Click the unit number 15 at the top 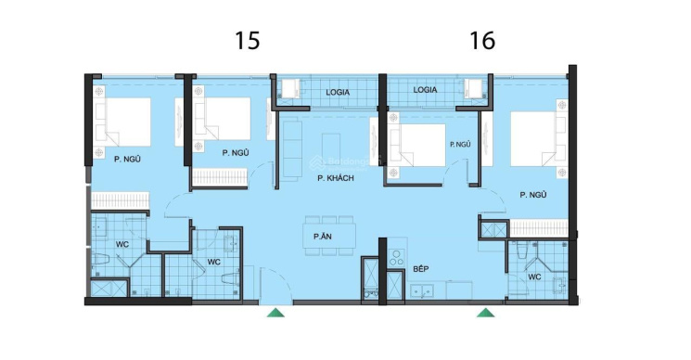click(x=248, y=41)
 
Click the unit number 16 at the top click(x=482, y=41)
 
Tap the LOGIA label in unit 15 click(x=338, y=93)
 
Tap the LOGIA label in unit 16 click(x=425, y=90)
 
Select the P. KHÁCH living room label click(x=336, y=178)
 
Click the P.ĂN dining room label click(x=323, y=237)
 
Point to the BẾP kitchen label click(x=421, y=268)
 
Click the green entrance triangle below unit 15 click(x=275, y=313)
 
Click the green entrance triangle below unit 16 click(x=486, y=313)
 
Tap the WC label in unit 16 click(x=534, y=277)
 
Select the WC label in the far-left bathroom click(x=122, y=244)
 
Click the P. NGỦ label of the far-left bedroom click(x=127, y=160)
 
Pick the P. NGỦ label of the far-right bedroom click(x=533, y=195)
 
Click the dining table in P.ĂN click(x=329, y=237)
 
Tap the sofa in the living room click(x=292, y=149)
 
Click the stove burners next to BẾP click(x=397, y=257)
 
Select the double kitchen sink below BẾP click(x=422, y=290)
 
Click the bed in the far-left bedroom click(x=122, y=122)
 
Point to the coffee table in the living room click(x=331, y=149)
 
